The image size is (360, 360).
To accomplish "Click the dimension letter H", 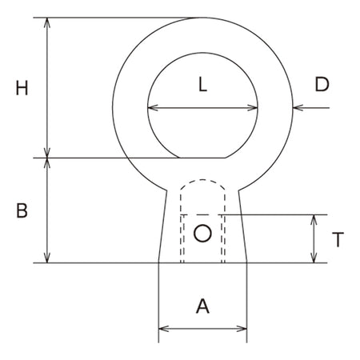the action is coord(22,88).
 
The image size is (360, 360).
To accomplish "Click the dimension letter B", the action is coord(22,210).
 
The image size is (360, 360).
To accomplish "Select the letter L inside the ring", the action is coord(203,85).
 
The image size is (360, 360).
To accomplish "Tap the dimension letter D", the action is coord(322,85).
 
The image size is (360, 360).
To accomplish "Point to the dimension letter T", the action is coord(338,239).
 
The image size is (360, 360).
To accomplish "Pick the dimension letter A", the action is coord(202,306).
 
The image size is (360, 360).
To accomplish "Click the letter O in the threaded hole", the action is coord(202,234).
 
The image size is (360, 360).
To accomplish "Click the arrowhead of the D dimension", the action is coord(298,108).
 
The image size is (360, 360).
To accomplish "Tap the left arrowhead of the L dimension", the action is coord(152,108).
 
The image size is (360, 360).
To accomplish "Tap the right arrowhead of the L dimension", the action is coord(253,108).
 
